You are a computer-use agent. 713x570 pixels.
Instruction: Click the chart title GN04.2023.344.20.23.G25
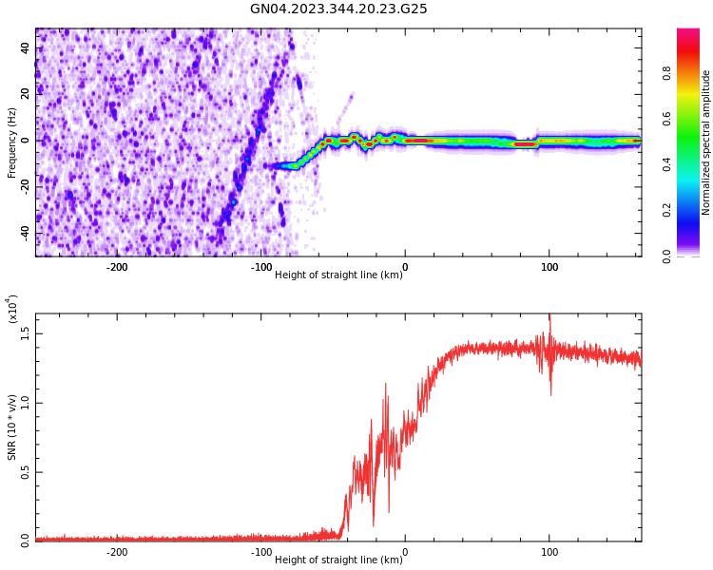(x=338, y=9)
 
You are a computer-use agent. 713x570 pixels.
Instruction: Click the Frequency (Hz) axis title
(x=12, y=142)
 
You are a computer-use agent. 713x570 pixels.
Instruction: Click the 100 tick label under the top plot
(x=549, y=268)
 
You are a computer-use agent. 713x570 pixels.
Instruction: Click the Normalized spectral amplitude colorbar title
(x=706, y=142)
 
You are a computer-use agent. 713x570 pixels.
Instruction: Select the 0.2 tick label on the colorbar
(x=693, y=209)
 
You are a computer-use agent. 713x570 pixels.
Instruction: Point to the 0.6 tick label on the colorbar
(x=693, y=118)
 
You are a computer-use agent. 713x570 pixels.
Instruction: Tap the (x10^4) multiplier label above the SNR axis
(x=12, y=309)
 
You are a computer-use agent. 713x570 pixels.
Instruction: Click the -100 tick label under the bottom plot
(x=260, y=552)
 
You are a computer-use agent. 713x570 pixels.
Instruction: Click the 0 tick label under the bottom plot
(x=405, y=552)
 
